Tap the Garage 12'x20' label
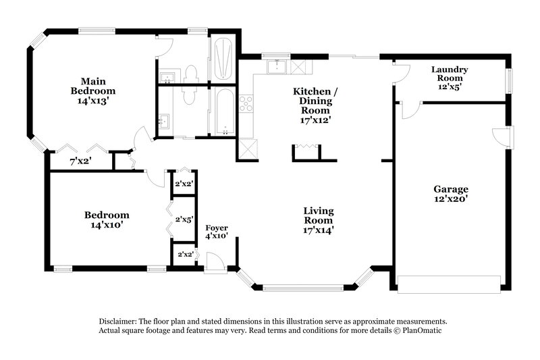point(450,194)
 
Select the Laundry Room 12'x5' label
point(450,78)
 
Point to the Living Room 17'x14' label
point(319,220)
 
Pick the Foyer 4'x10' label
point(217,232)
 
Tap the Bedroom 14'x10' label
point(106,220)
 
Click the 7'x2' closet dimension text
point(81,162)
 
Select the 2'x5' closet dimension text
point(184,220)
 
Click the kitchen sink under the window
point(277,67)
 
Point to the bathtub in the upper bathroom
point(223,59)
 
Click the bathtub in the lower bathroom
point(222,112)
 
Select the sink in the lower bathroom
point(164,122)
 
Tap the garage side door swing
point(501,137)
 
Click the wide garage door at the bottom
point(450,284)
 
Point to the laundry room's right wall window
point(509,80)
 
